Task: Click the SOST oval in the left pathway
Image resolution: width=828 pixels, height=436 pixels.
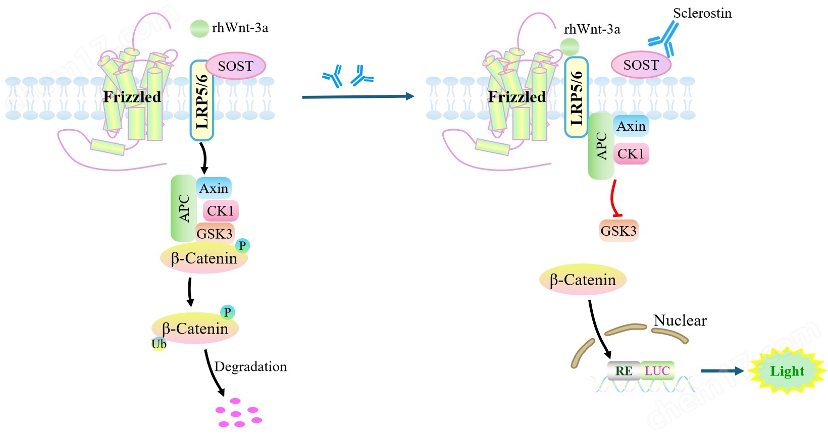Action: pyautogui.click(x=235, y=66)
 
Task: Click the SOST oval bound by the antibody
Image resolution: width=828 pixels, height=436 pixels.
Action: pyautogui.click(x=641, y=65)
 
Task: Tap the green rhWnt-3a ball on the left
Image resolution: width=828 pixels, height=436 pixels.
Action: pyautogui.click(x=199, y=28)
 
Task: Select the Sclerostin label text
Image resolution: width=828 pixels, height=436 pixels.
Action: pyautogui.click(x=702, y=13)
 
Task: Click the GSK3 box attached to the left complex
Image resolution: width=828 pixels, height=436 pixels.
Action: pyautogui.click(x=215, y=234)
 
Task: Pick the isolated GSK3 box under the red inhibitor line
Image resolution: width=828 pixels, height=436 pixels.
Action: pyautogui.click(x=618, y=231)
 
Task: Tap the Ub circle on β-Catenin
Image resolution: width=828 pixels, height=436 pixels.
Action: pyautogui.click(x=159, y=344)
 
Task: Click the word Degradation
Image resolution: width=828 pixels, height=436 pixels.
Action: pyautogui.click(x=250, y=366)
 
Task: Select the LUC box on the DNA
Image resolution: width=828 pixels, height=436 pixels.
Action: pyautogui.click(x=657, y=371)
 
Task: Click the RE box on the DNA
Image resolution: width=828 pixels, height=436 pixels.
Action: pyautogui.click(x=624, y=371)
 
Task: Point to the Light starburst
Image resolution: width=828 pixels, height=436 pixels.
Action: pyautogui.click(x=787, y=371)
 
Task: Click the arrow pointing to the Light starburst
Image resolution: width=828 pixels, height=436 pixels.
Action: pyautogui.click(x=721, y=371)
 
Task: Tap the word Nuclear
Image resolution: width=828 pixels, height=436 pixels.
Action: pyautogui.click(x=680, y=320)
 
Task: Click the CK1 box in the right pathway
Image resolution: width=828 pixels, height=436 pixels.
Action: pyautogui.click(x=631, y=154)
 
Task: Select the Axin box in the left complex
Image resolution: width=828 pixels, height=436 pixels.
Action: pyautogui.click(x=214, y=188)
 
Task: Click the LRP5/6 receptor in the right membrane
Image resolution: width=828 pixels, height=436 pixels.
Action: pyautogui.click(x=577, y=97)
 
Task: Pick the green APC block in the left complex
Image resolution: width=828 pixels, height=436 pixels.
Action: pyautogui.click(x=184, y=208)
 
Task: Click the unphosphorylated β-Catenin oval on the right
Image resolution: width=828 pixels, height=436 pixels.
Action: pyautogui.click(x=583, y=280)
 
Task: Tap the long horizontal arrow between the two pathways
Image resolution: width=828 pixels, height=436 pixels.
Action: pyautogui.click(x=357, y=96)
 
